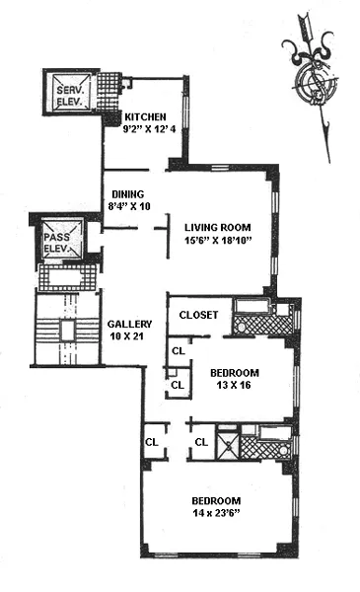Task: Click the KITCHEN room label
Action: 145,114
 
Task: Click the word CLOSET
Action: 197,316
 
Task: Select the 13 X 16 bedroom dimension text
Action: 234,385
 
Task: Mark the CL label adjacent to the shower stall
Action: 201,442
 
